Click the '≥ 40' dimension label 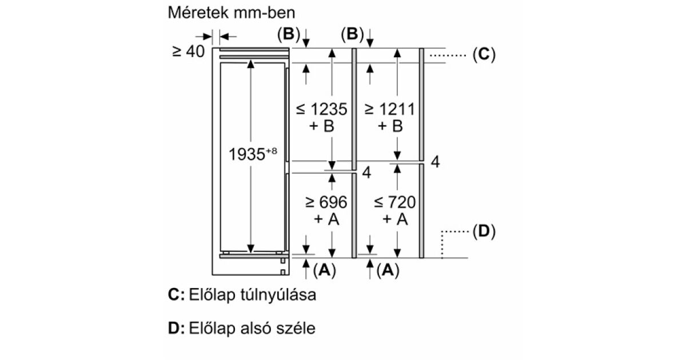pyautogui.click(x=188, y=51)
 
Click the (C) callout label pyautogui.click(x=483, y=55)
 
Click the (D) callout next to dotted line pyautogui.click(x=483, y=232)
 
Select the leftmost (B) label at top pyautogui.click(x=288, y=35)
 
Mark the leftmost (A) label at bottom pyautogui.click(x=324, y=271)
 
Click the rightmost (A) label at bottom pyautogui.click(x=388, y=271)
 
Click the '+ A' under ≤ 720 pyautogui.click(x=395, y=219)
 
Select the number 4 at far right pyautogui.click(x=435, y=162)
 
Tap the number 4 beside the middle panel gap pyautogui.click(x=368, y=173)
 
